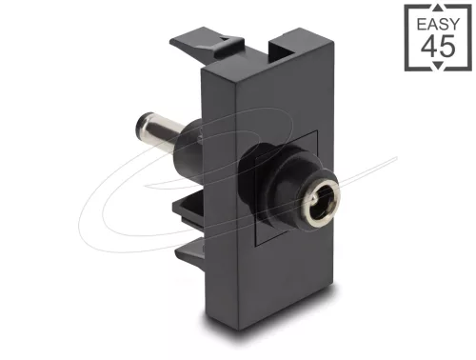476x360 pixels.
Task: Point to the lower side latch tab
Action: pos(188,250)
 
